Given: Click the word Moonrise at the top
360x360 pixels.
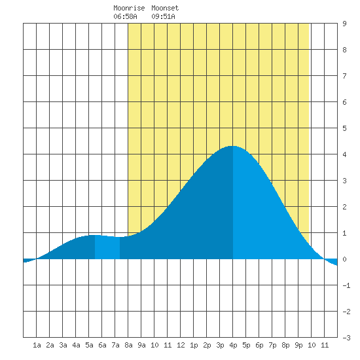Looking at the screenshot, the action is pyautogui.click(x=129, y=8).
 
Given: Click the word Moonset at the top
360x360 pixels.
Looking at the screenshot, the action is pyautogui.click(x=165, y=8).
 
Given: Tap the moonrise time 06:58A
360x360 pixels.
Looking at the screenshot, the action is pyautogui.click(x=125, y=16).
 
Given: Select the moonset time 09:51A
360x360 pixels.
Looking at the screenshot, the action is pyautogui.click(x=163, y=16).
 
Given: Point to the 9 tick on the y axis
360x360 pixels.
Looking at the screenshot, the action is pyautogui.click(x=344, y=24).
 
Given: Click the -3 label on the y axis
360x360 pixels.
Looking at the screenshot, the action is pyautogui.click(x=346, y=338).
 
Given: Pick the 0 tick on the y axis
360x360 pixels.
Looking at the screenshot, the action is pyautogui.click(x=344, y=259).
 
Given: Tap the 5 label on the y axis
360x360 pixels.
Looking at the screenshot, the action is pyautogui.click(x=344, y=128).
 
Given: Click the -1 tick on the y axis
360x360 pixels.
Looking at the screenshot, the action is pyautogui.click(x=346, y=285).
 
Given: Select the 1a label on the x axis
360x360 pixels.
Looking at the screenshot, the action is pyautogui.click(x=37, y=345).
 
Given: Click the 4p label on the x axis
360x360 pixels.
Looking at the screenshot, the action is pyautogui.click(x=233, y=345).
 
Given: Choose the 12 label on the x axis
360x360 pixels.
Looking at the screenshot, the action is pyautogui.click(x=181, y=345).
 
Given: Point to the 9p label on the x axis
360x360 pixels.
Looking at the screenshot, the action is pyautogui.click(x=298, y=345).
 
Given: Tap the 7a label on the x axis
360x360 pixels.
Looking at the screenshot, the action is pyautogui.click(x=115, y=345).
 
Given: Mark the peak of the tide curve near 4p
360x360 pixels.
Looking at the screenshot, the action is pyautogui.click(x=232, y=146).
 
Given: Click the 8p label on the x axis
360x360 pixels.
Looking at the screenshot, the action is pyautogui.click(x=285, y=345).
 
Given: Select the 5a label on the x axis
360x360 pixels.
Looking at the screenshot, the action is pyautogui.click(x=89, y=345).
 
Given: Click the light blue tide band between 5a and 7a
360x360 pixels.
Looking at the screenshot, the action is pyautogui.click(x=107, y=247).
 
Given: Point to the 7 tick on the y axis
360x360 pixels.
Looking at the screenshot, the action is pyautogui.click(x=344, y=76).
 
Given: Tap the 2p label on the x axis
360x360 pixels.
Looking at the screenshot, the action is pyautogui.click(x=207, y=345).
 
